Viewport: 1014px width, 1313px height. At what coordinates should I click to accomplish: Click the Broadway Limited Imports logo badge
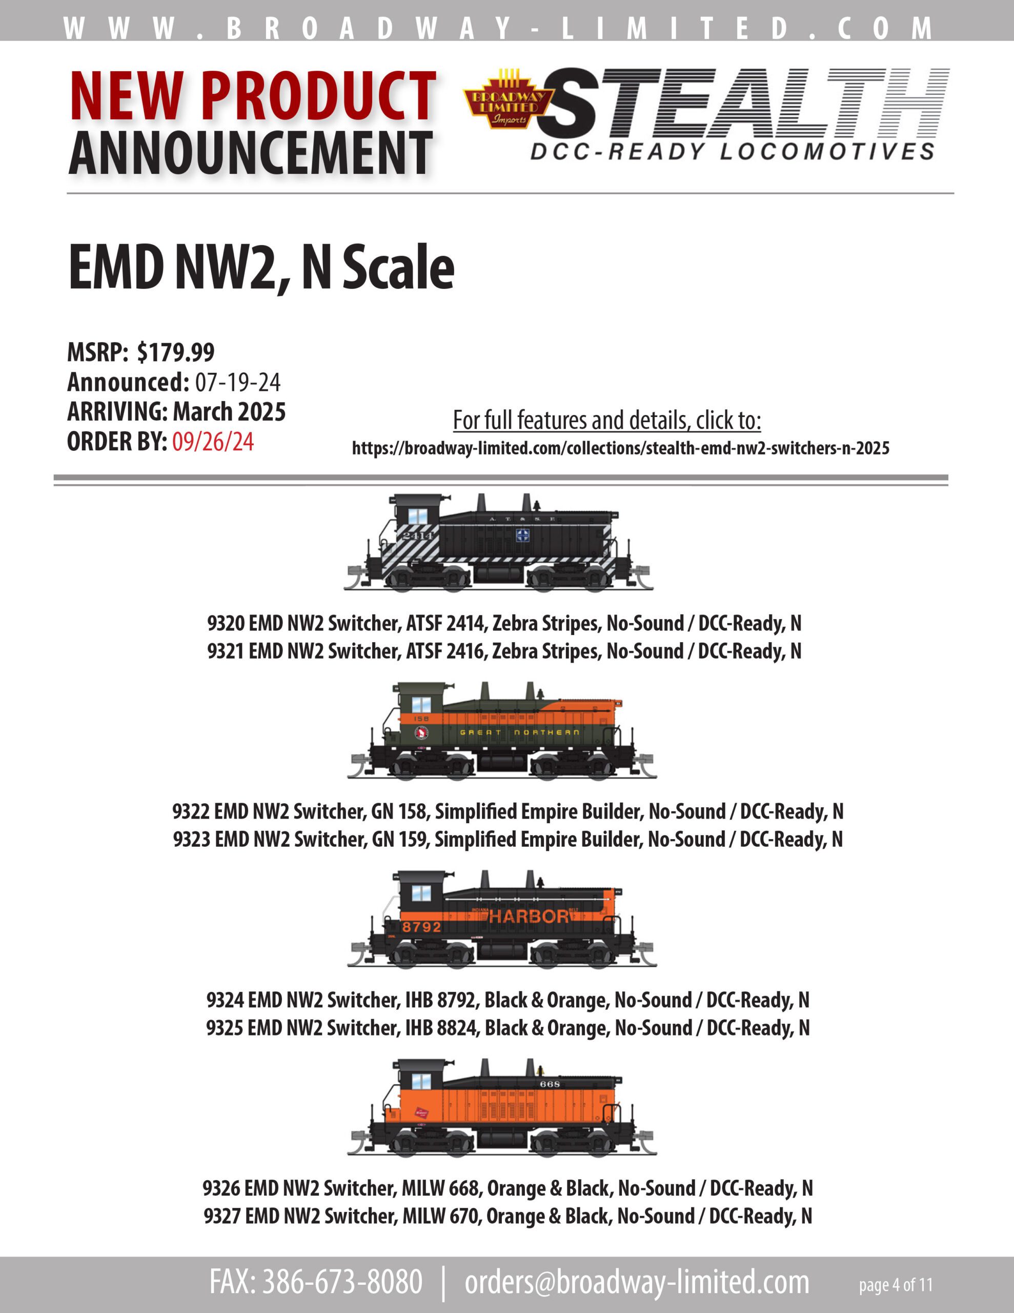click(x=509, y=98)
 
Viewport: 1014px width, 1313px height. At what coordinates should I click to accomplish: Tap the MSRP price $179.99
click(x=175, y=352)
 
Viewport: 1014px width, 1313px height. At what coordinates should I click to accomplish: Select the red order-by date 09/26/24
click(x=213, y=442)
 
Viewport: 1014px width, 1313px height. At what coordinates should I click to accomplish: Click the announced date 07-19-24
click(x=237, y=382)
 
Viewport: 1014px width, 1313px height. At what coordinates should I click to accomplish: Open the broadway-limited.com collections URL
click(x=620, y=448)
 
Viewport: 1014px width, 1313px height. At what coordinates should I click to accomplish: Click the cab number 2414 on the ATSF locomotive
click(x=417, y=535)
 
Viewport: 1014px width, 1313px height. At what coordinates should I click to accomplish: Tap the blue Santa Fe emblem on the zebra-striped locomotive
click(x=522, y=535)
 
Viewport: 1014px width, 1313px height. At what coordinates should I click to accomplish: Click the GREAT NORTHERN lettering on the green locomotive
click(x=519, y=732)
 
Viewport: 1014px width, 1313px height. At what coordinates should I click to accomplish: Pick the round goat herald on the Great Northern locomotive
click(x=421, y=733)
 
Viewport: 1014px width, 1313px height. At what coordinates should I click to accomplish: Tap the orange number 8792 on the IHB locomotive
click(x=421, y=927)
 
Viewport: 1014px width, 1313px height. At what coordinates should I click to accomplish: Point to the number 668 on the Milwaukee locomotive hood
click(x=550, y=1083)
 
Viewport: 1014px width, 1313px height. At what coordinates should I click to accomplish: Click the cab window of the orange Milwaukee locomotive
click(x=421, y=1082)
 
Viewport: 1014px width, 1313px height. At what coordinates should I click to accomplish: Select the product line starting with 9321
click(x=504, y=651)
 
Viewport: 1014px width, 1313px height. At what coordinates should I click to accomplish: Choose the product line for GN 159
click(x=508, y=839)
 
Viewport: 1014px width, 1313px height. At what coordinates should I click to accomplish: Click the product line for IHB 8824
click(x=508, y=1028)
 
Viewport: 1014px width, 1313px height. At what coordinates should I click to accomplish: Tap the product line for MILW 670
click(x=508, y=1216)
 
